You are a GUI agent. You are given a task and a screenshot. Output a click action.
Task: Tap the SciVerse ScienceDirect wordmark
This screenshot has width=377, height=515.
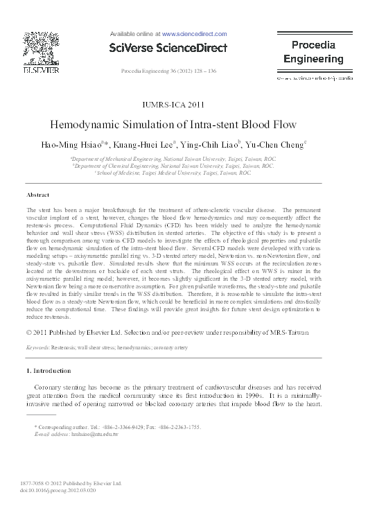[x=168, y=48]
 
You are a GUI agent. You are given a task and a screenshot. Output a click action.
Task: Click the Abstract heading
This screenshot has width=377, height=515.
[x=37, y=195]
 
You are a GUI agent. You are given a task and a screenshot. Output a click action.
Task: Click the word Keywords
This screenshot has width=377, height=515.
[x=39, y=345]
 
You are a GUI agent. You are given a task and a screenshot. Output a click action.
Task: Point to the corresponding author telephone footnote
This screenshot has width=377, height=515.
[x=117, y=427]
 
